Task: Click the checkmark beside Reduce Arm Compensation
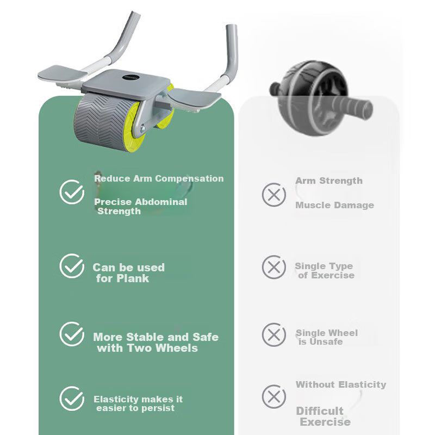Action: (x=72, y=192)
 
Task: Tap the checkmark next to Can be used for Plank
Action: (x=72, y=266)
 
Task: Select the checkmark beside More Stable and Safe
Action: (x=72, y=334)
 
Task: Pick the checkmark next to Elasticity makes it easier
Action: (x=72, y=399)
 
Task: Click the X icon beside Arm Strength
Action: (x=274, y=195)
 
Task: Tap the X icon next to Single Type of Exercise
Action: (x=274, y=267)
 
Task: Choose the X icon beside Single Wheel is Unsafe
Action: (x=274, y=334)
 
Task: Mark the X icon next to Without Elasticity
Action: (x=274, y=396)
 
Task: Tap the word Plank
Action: (x=133, y=278)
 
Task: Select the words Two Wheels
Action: (x=162, y=348)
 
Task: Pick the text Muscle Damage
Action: (x=334, y=205)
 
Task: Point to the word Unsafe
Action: (x=326, y=341)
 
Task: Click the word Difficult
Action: (x=320, y=411)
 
